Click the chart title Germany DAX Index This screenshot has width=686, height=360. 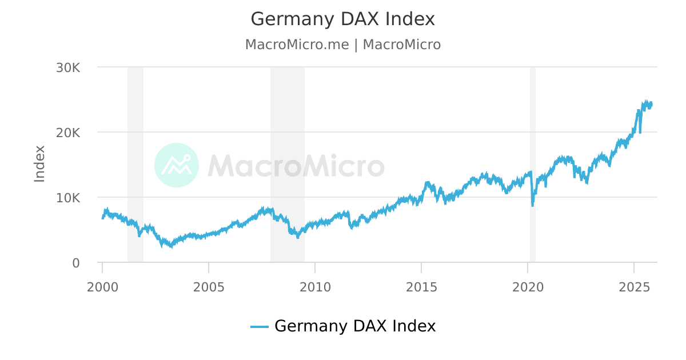click(x=342, y=19)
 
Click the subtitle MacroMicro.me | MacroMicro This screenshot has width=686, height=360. click(x=342, y=45)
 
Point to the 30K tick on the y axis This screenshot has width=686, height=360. click(x=68, y=67)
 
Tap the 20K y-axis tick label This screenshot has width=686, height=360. click(x=68, y=133)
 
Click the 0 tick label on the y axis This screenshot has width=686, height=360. click(x=75, y=263)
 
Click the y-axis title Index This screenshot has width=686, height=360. click(x=39, y=164)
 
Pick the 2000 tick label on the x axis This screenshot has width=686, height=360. click(x=102, y=286)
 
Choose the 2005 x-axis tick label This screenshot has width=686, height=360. click(x=209, y=286)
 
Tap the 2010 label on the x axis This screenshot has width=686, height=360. click(x=315, y=286)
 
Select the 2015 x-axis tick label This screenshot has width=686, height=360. click(x=421, y=286)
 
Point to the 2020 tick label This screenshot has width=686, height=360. click(x=528, y=286)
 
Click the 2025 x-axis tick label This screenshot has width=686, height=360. click(x=634, y=286)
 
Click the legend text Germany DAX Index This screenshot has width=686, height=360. click(x=355, y=326)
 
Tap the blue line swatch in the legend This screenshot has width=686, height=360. click(x=260, y=327)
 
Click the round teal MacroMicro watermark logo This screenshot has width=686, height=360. click(x=177, y=165)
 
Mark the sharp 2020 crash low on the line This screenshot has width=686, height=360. click(x=533, y=205)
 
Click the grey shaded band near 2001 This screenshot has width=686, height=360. click(x=135, y=143)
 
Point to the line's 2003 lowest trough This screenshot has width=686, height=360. click(x=171, y=247)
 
